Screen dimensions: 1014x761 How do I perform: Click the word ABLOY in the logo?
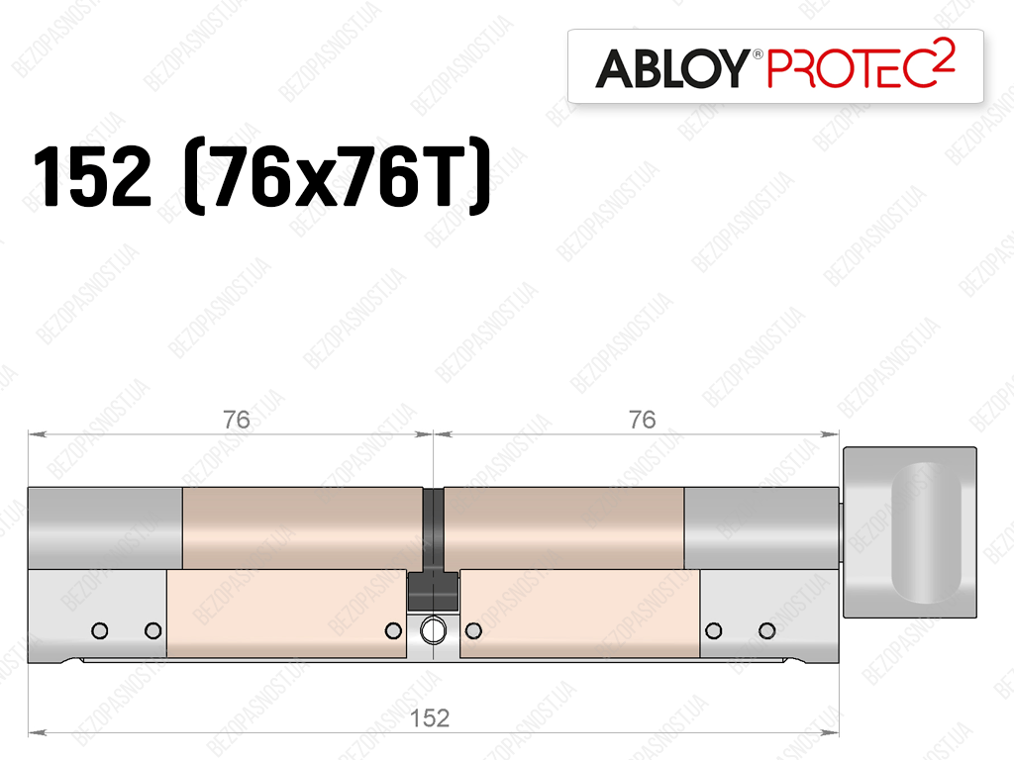[672, 68]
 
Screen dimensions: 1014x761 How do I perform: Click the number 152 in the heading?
[92, 176]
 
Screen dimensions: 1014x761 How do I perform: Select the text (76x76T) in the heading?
[338, 176]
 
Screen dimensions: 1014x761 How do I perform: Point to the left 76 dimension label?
[237, 420]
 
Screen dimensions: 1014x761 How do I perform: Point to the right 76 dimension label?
[642, 420]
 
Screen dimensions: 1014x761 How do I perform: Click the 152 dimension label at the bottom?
[430, 717]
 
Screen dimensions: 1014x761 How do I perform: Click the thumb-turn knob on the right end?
[909, 531]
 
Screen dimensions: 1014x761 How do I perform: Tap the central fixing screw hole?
[433, 630]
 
